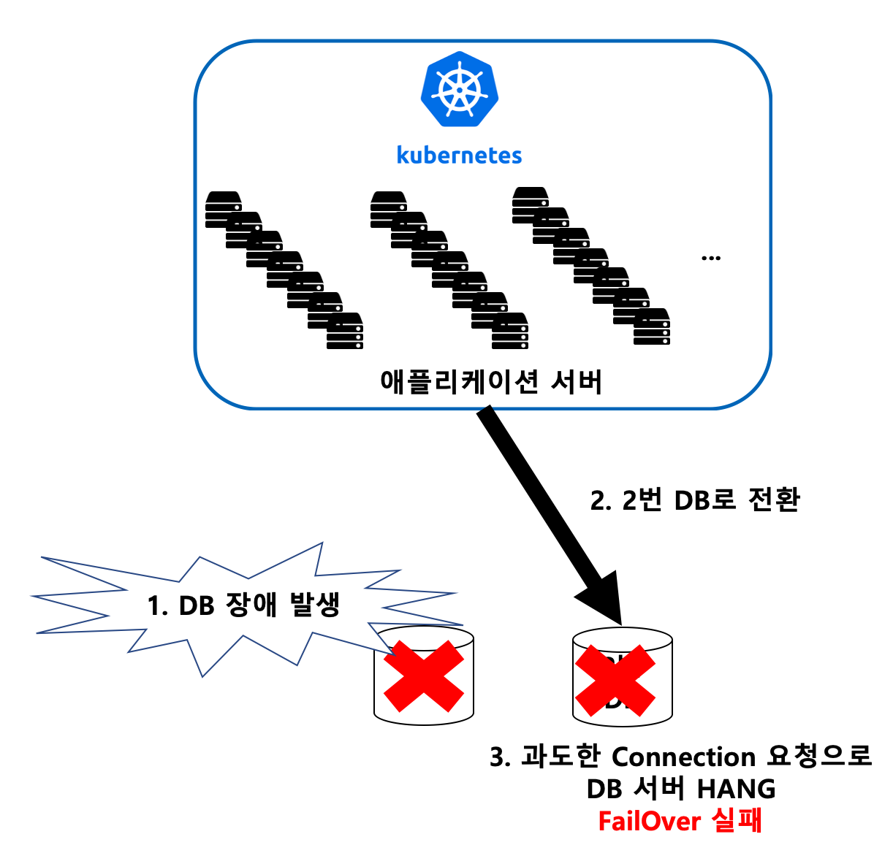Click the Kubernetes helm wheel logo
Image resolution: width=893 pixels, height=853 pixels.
click(459, 89)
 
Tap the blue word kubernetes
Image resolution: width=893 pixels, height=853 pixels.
click(459, 155)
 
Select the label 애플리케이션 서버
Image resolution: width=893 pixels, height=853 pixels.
click(491, 381)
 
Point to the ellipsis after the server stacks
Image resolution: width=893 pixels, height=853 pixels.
click(710, 258)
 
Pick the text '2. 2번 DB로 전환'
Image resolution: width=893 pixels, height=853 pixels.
click(695, 500)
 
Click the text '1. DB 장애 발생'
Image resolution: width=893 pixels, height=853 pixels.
click(244, 605)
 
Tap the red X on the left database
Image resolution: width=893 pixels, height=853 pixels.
click(424, 676)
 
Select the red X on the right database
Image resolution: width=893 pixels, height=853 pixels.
click(615, 680)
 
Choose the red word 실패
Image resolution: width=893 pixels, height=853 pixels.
click(737, 821)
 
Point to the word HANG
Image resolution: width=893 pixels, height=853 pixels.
click(737, 789)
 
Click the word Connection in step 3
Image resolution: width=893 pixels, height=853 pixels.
click(683, 757)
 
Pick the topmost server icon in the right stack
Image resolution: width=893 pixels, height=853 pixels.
click(530, 199)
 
